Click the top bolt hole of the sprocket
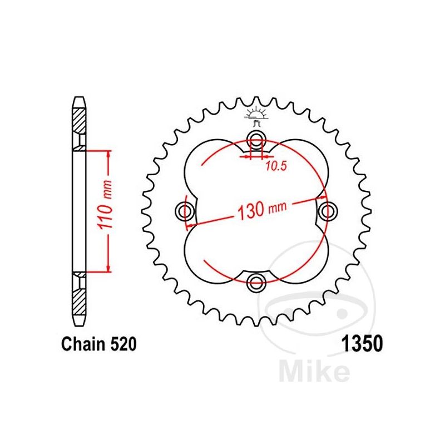256,138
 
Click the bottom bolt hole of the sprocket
256,281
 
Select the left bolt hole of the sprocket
185,210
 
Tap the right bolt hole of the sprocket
328,210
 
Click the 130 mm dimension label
258,210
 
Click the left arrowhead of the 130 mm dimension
191,225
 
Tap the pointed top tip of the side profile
79,98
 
